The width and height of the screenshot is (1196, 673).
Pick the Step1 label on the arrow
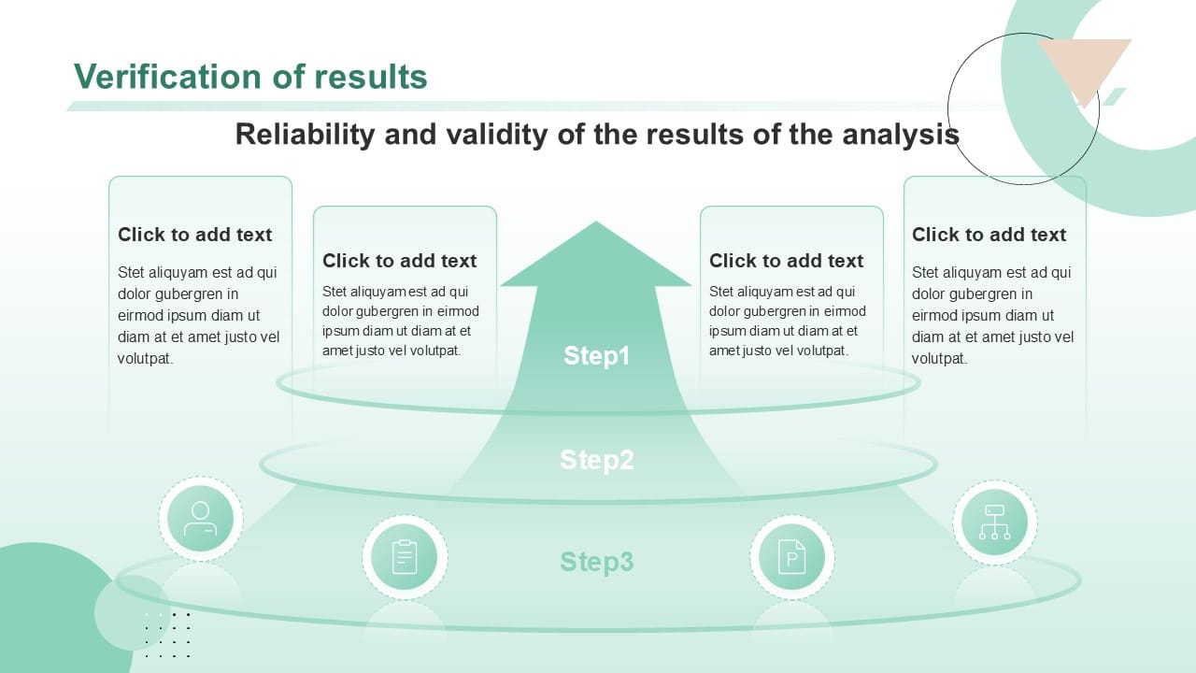[596, 356]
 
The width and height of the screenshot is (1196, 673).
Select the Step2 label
[596, 460]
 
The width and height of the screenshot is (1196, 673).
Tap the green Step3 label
[596, 562]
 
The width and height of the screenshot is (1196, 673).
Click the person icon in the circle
[201, 519]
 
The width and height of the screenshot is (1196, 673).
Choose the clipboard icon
[405, 557]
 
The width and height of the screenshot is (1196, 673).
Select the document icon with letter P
[791, 557]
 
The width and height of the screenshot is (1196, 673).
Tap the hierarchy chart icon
[994, 523]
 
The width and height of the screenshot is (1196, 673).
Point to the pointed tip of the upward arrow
[595, 225]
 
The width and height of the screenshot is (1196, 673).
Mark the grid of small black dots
[168, 635]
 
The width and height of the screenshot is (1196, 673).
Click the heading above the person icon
[194, 235]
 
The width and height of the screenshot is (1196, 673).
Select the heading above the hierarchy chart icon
[989, 235]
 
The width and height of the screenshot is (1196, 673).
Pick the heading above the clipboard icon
[399, 261]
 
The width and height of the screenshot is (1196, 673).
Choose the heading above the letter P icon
[786, 261]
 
